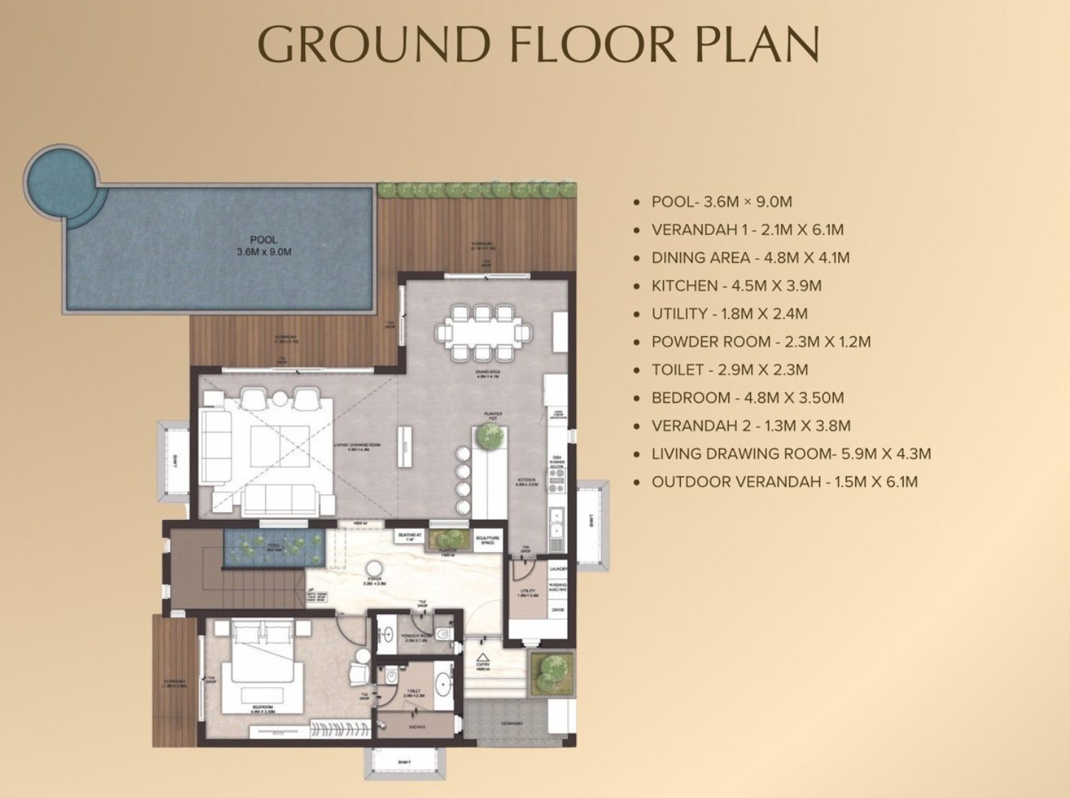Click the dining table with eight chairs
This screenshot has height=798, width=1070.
coord(483,332)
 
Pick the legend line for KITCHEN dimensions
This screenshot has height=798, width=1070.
coord(735,286)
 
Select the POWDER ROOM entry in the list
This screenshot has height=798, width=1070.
coord(761,342)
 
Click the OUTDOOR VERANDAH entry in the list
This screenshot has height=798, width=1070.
coord(784,482)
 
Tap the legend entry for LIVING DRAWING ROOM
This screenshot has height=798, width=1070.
coord(790,454)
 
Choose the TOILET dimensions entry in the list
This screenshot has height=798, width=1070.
coord(729,370)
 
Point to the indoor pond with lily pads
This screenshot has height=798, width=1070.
coord(274,547)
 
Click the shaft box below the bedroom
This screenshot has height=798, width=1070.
coord(405,762)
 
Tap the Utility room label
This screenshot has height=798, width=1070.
coord(528,592)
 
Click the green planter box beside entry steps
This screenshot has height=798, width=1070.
coord(550,672)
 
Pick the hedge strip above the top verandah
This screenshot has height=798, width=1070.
coord(477,190)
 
